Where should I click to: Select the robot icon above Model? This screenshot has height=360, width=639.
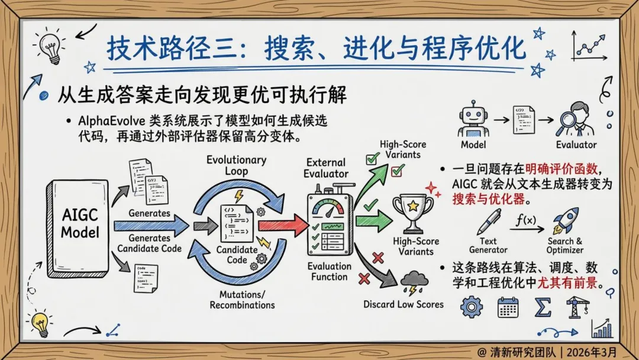[x=472, y=118]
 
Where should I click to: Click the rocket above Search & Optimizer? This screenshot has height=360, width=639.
[x=566, y=220]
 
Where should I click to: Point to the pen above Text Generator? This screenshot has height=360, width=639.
[x=489, y=221]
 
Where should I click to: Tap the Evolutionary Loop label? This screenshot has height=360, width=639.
[x=236, y=165]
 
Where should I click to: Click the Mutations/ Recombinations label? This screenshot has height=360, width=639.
[x=242, y=300]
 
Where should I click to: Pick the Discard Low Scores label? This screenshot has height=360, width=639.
[x=404, y=304]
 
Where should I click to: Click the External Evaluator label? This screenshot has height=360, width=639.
[x=327, y=168]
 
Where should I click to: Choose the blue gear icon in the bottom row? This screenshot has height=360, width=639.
[x=472, y=307]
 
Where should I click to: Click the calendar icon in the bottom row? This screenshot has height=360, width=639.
[x=508, y=307]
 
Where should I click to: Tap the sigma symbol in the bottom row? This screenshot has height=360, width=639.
[x=543, y=307]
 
